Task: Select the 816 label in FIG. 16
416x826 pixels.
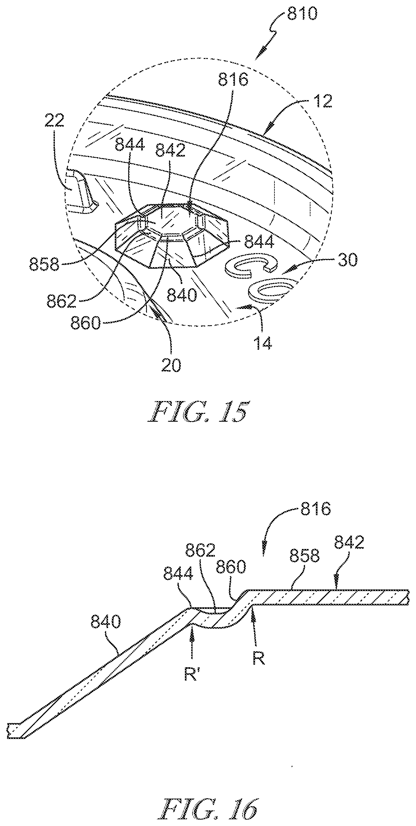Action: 315,509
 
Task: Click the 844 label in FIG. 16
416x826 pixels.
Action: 178,574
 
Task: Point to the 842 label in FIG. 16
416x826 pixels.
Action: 349,543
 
